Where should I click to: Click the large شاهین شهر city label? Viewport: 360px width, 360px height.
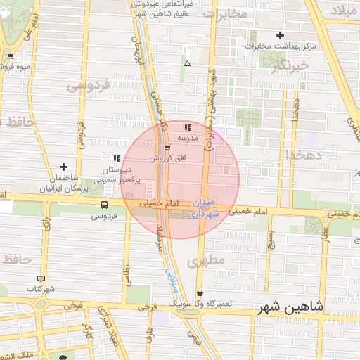[290, 307]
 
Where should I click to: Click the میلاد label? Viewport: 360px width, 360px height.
[345, 11]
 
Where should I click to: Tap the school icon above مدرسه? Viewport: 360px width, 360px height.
[188, 128]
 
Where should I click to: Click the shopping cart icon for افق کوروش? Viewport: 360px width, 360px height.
[167, 148]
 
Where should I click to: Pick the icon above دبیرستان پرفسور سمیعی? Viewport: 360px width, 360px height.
[117, 158]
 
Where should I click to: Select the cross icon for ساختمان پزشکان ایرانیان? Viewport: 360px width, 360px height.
[64, 167]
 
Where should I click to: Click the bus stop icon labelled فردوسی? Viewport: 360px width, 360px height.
[105, 205]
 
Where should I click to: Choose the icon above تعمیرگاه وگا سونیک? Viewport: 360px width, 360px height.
[200, 293]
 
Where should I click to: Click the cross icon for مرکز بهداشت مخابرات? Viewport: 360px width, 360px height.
[280, 35]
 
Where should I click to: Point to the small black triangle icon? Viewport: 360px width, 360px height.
[187, 64]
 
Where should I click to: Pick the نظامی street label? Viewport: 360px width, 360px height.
[128, 272]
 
